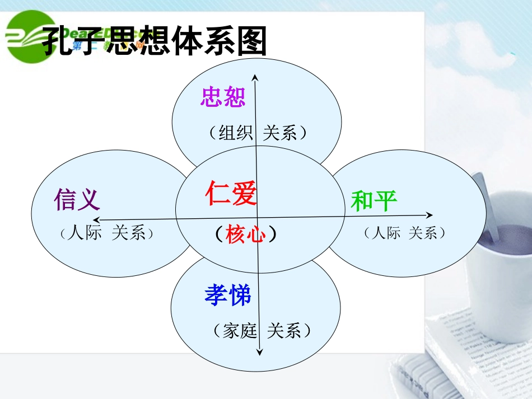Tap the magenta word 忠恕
[223, 97]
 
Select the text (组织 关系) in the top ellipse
[256, 133]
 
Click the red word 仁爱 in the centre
[231, 194]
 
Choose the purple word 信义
[77, 199]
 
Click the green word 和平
[374, 200]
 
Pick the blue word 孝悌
[227, 295]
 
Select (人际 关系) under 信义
[106, 233]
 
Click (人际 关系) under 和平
[404, 233]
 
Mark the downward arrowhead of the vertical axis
[260, 351]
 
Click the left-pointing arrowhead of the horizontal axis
[97, 219]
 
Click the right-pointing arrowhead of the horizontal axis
[430, 214]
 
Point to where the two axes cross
[257, 217]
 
